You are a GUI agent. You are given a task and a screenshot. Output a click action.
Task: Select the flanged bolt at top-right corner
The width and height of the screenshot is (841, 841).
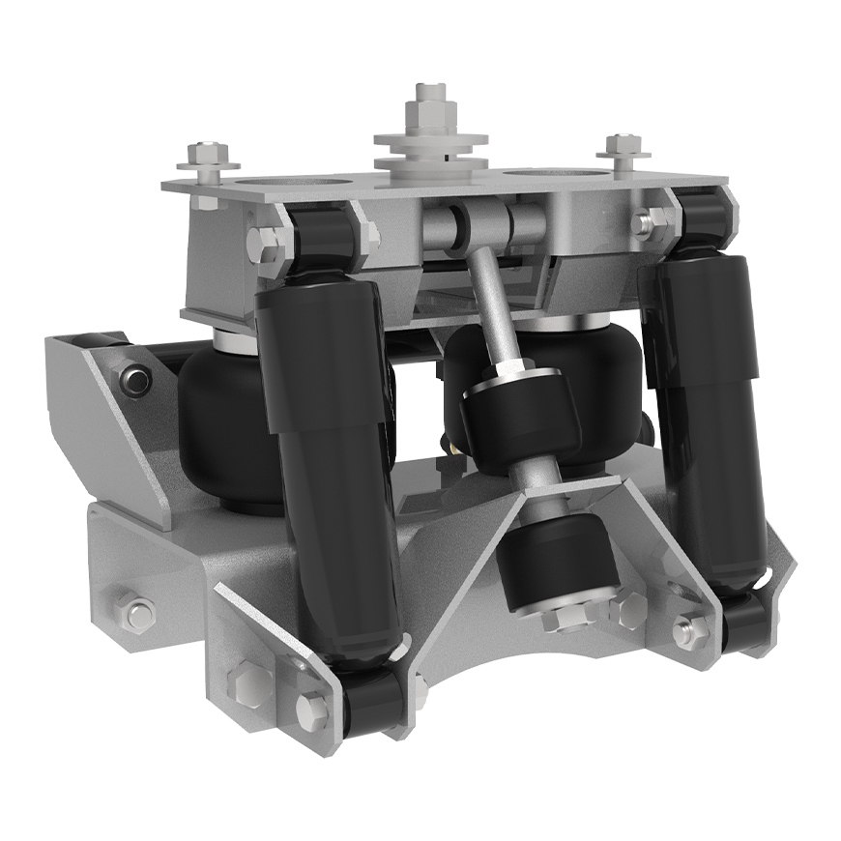click(623, 148)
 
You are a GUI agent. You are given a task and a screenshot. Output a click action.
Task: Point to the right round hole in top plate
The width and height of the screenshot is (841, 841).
click(547, 174)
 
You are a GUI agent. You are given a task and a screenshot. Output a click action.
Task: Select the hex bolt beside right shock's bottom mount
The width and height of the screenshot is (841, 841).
click(688, 630)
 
